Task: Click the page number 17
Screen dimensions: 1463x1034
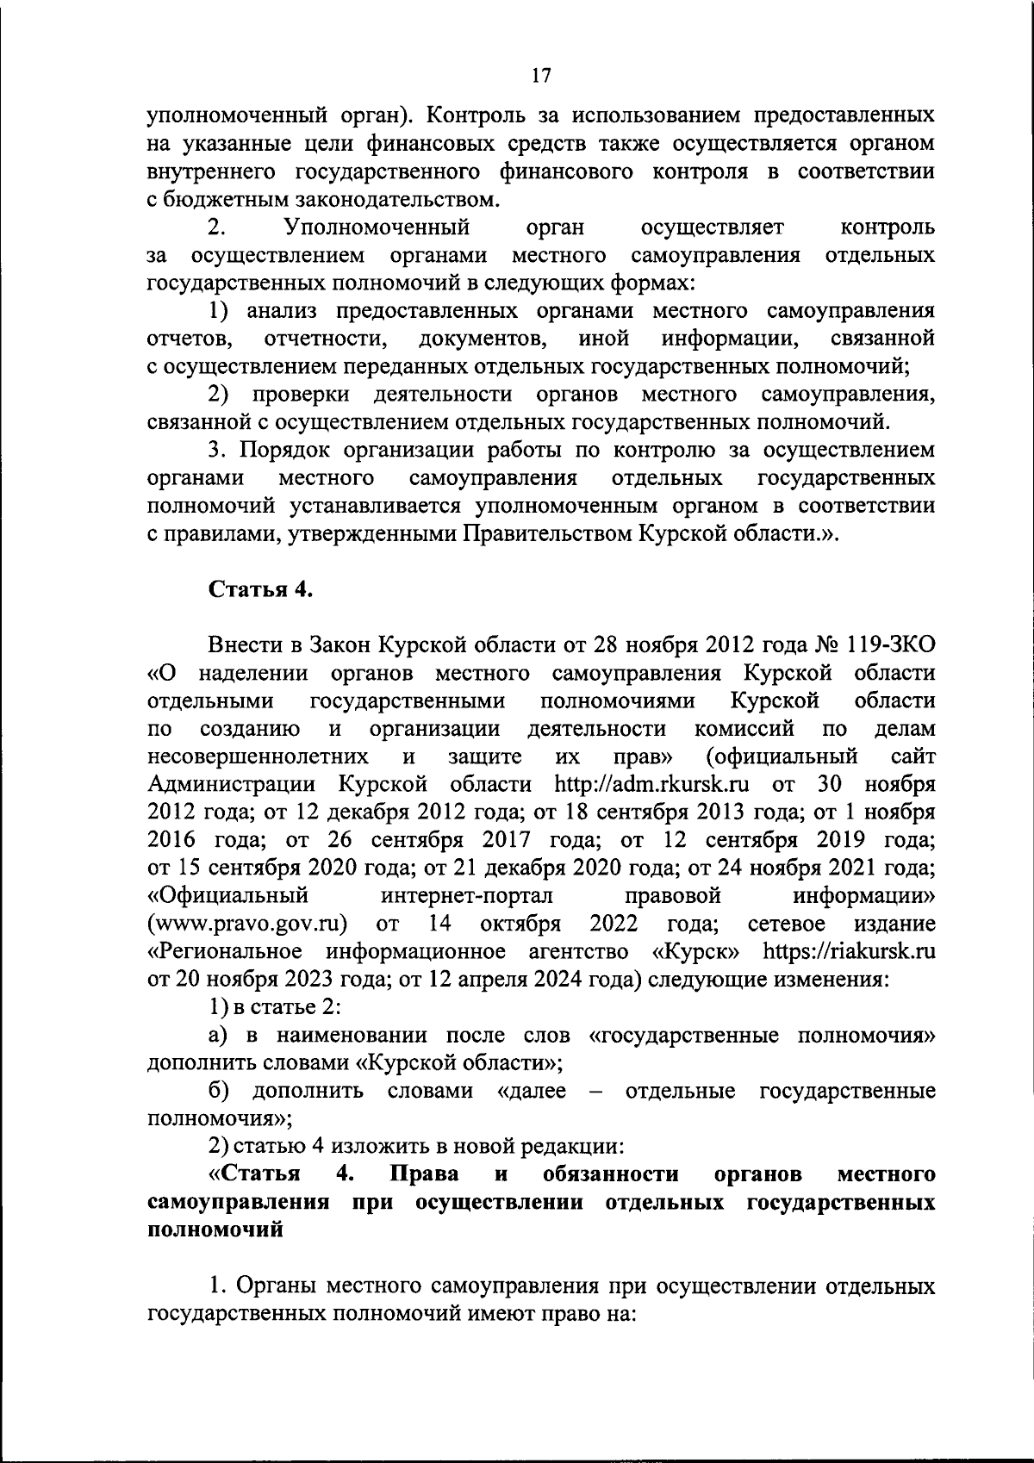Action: (x=541, y=76)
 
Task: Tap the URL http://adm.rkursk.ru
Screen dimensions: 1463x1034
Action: (x=651, y=784)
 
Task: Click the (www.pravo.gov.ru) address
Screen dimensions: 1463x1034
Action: (x=248, y=924)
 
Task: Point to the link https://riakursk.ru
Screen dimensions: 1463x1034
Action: (x=850, y=951)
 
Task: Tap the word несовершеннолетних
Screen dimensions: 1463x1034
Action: (x=258, y=756)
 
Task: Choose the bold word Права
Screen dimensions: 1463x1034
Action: (x=424, y=1174)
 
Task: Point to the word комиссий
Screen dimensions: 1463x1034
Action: (x=744, y=729)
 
